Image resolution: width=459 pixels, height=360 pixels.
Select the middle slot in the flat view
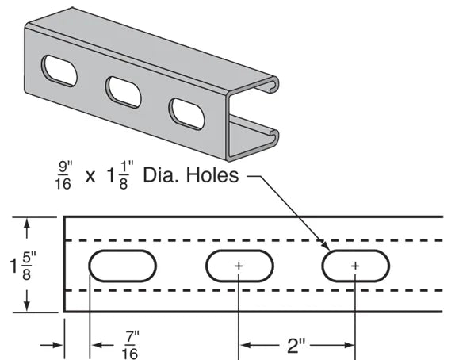pos(239,266)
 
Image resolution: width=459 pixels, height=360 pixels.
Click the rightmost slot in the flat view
pos(355,266)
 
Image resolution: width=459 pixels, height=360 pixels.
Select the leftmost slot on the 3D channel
pos(59,71)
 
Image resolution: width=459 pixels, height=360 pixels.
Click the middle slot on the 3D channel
pos(123,91)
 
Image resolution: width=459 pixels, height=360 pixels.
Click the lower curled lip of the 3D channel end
pos(273,136)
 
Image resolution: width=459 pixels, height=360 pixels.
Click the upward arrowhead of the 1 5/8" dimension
pos(29,225)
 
